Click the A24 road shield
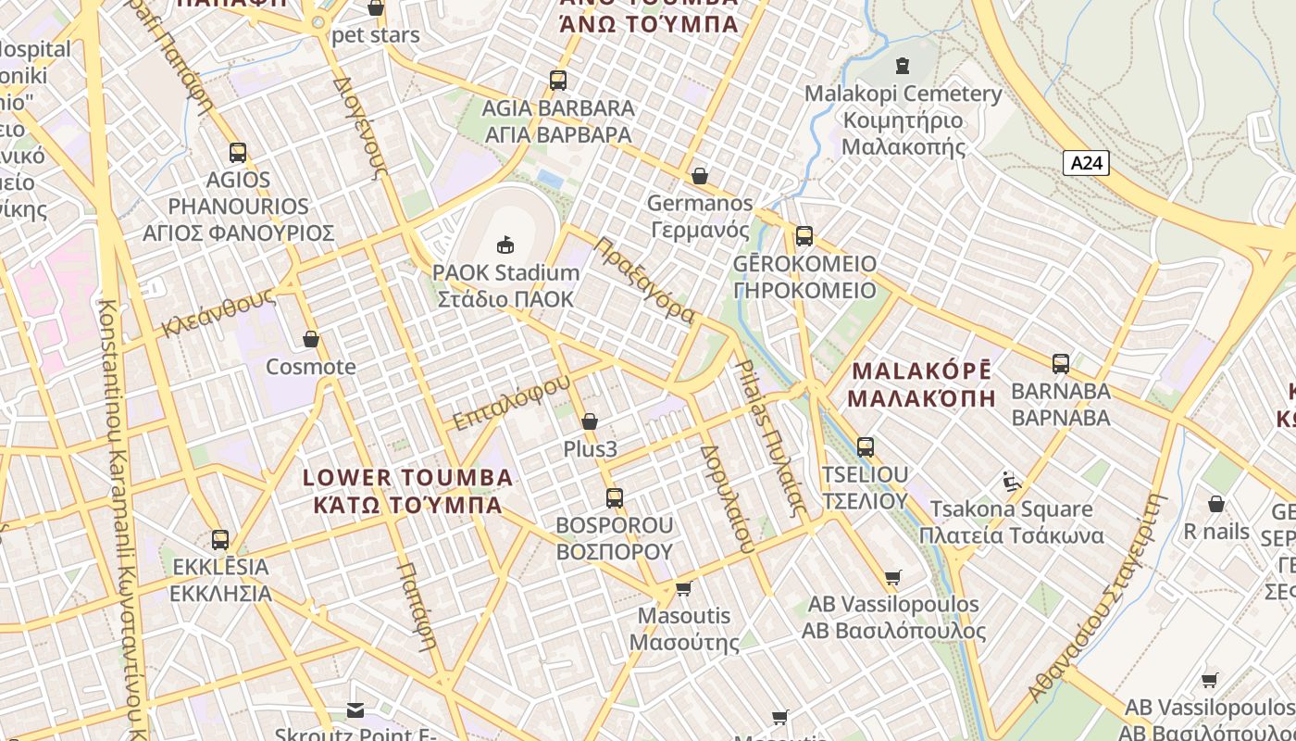point(1086,163)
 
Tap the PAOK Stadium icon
point(505,245)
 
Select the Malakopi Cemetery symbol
point(903,65)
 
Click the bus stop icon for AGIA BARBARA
point(557,81)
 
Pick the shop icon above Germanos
point(700,176)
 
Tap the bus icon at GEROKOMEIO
point(804,236)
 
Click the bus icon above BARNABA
point(1061,364)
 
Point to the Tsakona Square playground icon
point(1012,482)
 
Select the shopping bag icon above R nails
point(1216,504)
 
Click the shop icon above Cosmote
point(311,340)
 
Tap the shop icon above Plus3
point(590,422)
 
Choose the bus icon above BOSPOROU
point(614,498)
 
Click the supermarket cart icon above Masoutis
point(684,588)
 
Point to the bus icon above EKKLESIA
point(220,540)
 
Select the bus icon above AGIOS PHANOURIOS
point(238,153)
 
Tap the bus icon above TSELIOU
point(866,447)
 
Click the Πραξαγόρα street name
point(644,280)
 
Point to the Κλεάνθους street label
point(218,312)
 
